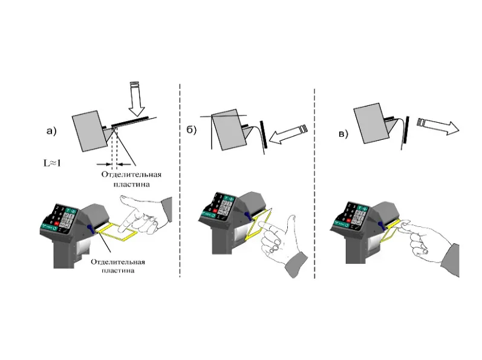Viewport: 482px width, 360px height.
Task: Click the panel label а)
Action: tap(51, 131)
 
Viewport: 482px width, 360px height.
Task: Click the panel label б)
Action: tap(191, 130)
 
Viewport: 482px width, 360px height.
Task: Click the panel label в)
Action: tap(343, 134)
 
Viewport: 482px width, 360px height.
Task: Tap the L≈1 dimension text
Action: tap(52, 163)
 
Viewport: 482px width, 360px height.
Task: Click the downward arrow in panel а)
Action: tap(136, 99)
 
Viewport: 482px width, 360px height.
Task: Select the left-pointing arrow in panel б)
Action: tap(288, 134)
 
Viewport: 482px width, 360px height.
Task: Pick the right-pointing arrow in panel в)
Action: tap(438, 125)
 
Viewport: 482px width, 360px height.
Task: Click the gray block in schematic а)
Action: tap(90, 131)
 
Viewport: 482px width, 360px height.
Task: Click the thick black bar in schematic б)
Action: tap(264, 134)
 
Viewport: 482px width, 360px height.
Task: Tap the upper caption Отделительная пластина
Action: tap(131, 179)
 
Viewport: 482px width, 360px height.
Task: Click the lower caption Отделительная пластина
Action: tap(118, 266)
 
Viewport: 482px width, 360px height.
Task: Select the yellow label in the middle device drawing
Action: tap(258, 224)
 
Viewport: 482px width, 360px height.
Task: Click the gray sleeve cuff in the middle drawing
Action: tap(296, 264)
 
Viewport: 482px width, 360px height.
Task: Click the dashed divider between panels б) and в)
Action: tap(314, 183)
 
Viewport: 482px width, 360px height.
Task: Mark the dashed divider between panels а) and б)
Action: tap(180, 180)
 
